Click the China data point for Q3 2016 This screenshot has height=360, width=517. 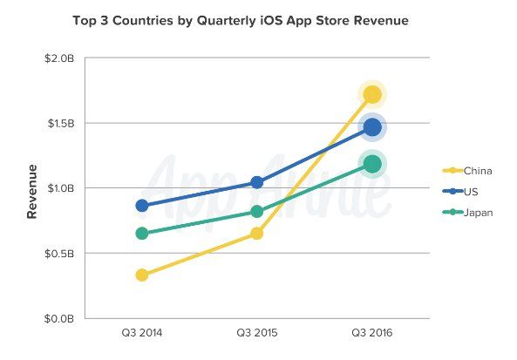point(372,94)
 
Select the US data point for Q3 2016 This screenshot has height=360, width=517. point(372,127)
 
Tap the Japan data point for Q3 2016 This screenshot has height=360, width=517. point(372,163)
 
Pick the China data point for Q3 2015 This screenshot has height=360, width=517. point(257,233)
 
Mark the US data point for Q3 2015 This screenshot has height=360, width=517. point(257,182)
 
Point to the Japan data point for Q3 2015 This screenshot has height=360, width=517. point(257,211)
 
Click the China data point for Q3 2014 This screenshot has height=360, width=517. point(142,275)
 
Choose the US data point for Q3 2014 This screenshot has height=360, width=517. point(142,206)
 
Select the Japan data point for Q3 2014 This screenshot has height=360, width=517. point(142,234)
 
